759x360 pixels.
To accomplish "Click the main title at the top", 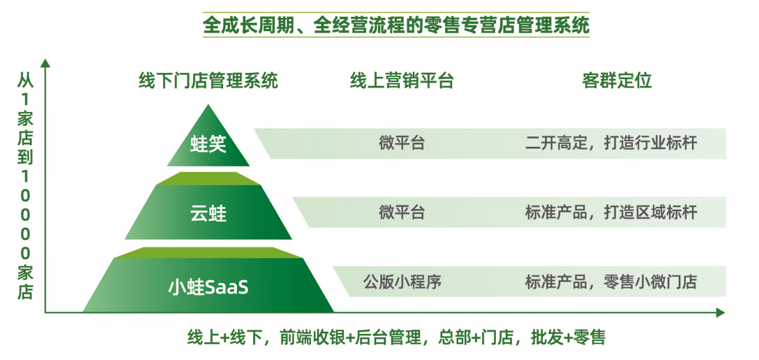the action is coord(396,25).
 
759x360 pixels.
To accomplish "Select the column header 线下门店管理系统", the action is coord(208,80).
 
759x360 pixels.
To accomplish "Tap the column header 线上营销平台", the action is coord(402,80).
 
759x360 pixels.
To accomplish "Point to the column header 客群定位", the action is coord(617,80).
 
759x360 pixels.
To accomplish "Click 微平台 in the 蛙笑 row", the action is coord(402,143).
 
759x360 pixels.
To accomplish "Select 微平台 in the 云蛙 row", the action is coord(402,212).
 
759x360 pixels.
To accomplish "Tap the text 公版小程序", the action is coord(402,282).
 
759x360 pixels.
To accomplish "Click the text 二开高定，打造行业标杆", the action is coord(611,143).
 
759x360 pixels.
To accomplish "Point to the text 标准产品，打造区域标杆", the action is coord(611,212).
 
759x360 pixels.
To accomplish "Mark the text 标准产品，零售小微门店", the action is coord(611,282).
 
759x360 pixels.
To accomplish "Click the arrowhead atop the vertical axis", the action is coord(45,63).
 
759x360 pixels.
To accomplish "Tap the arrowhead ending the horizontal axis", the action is coord(720,312).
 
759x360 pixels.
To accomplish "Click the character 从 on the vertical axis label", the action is coord(25,80).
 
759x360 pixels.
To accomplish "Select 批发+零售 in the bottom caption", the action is coord(568,337).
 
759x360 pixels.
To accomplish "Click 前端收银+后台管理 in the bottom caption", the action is coord(350,337).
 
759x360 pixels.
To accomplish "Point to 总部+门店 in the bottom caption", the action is coord(476,337).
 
